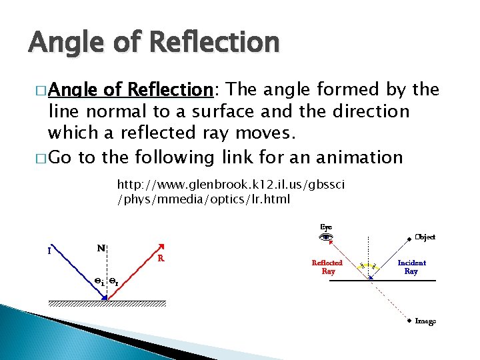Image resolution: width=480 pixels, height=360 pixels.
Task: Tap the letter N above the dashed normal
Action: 100,248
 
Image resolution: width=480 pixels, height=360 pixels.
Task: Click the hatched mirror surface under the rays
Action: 107,303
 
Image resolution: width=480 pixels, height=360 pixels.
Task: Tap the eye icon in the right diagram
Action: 326,237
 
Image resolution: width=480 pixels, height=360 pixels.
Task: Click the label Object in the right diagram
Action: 425,237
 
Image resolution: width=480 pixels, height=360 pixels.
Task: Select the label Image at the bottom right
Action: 425,321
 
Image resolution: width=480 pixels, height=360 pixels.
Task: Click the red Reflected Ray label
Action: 327,267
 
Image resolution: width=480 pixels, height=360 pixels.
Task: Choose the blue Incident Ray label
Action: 411,267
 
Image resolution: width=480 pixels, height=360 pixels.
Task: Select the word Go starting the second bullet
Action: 59,157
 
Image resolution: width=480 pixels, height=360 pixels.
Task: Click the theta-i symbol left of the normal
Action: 99,281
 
